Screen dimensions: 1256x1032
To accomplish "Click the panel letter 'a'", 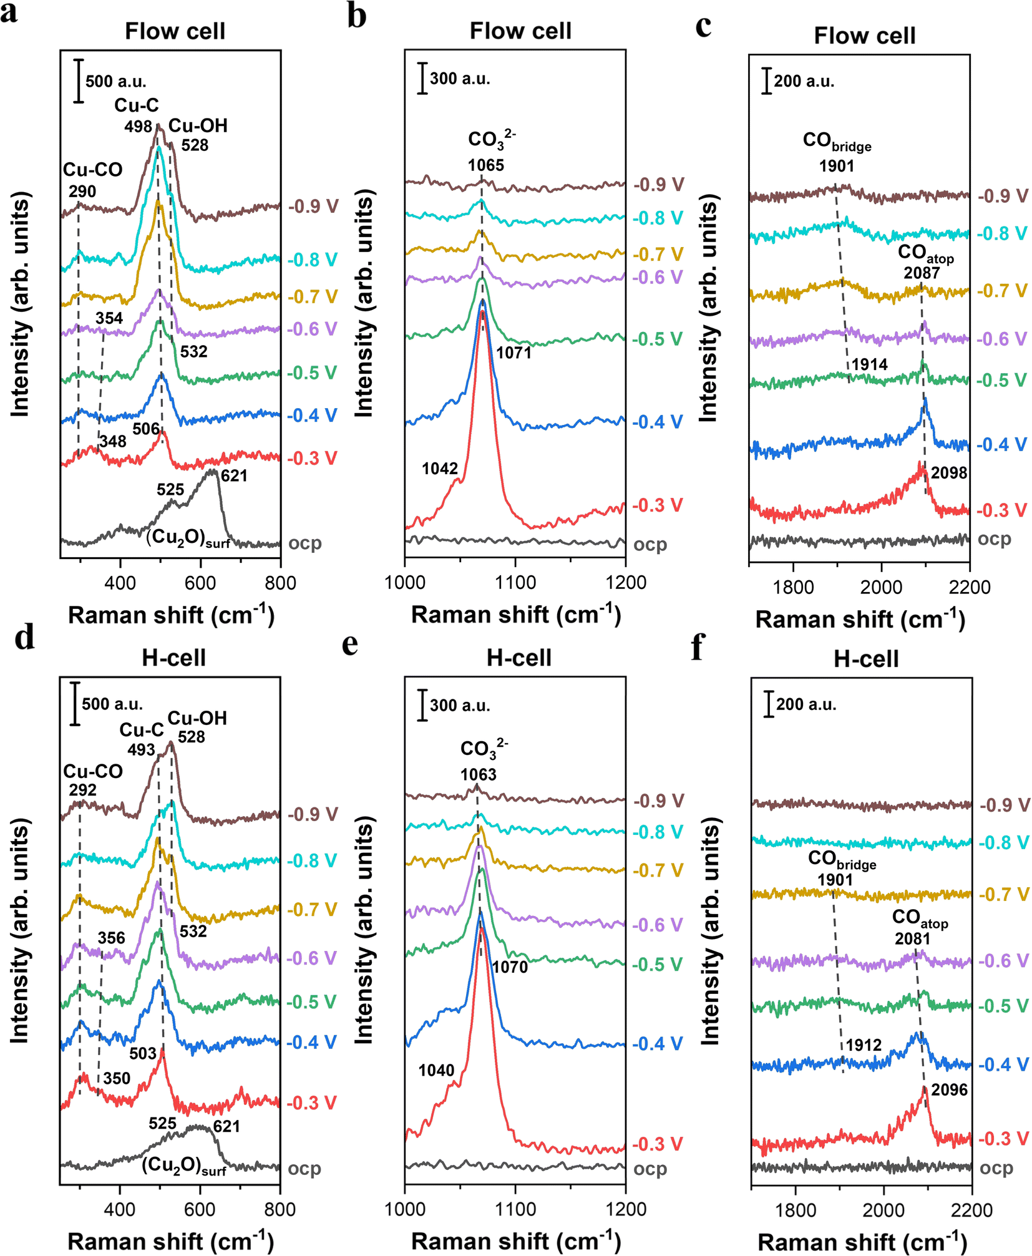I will click(x=9, y=12).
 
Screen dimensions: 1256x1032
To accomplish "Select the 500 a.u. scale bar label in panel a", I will click(x=116, y=82).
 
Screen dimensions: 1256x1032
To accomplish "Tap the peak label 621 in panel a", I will click(x=234, y=476).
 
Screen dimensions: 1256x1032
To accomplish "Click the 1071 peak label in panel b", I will click(x=514, y=353).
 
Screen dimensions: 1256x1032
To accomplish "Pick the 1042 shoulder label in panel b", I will click(x=440, y=469).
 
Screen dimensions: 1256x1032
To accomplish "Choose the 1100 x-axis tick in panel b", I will click(x=515, y=583).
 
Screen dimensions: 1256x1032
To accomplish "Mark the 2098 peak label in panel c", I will click(x=949, y=473).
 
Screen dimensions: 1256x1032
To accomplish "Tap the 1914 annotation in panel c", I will click(x=869, y=364).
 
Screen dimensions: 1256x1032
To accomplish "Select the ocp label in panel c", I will click(x=994, y=539).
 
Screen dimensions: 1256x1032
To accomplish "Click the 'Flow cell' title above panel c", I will click(x=864, y=36).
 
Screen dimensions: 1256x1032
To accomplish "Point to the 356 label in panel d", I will click(x=111, y=938).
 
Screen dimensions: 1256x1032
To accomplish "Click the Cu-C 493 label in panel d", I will click(x=142, y=739).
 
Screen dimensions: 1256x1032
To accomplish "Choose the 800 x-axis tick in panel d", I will click(x=280, y=1210).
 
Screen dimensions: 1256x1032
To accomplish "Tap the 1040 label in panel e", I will click(x=436, y=1071).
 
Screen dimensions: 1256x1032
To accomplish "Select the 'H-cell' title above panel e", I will click(x=518, y=658).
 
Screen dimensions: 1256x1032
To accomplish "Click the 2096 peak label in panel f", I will click(x=949, y=1090).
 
